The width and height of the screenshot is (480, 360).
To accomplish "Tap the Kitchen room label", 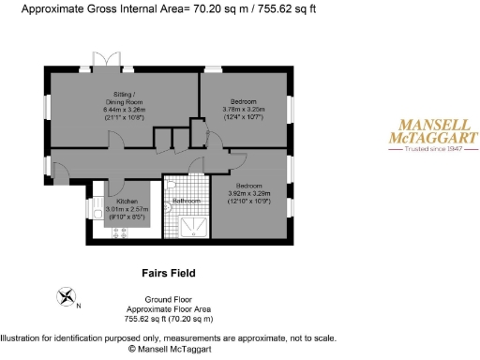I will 127,202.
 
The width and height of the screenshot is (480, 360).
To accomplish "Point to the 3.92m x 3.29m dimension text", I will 249,194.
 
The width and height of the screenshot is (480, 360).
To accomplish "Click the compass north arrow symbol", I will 67,298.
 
